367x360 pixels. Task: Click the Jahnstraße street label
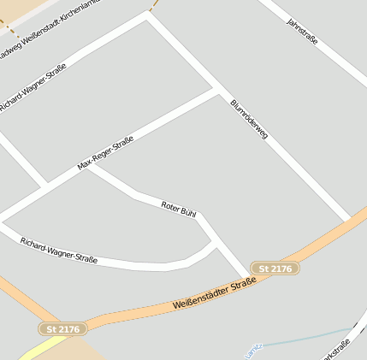305,32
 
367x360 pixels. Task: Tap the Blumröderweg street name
249,121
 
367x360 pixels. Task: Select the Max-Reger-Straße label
105,153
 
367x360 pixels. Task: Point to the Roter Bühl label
179,207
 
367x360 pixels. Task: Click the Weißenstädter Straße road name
214,292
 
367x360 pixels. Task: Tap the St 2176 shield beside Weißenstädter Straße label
275,269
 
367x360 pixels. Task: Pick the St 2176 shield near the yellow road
63,328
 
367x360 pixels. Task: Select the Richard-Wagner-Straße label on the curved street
59,250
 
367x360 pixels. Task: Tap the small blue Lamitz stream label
251,351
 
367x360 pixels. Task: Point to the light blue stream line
308,336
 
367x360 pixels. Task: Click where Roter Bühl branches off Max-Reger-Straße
90,166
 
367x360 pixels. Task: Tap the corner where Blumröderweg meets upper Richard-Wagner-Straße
149,16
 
